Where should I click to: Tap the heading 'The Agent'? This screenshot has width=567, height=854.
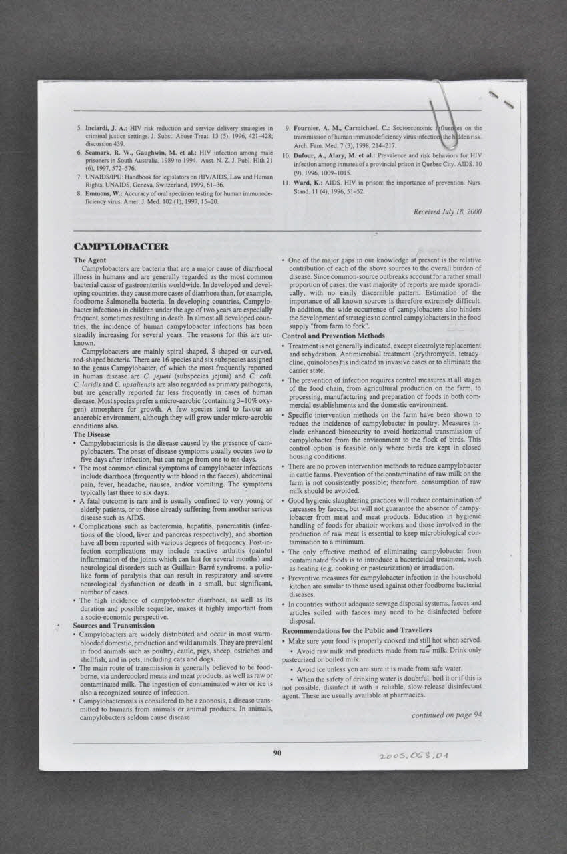tap(90, 260)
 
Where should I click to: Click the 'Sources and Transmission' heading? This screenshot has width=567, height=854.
tap(114, 626)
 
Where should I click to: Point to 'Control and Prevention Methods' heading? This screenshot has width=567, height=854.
tap(334, 336)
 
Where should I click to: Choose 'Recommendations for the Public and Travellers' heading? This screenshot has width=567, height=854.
tap(357, 630)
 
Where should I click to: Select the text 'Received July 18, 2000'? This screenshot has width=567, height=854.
tap(447, 211)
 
